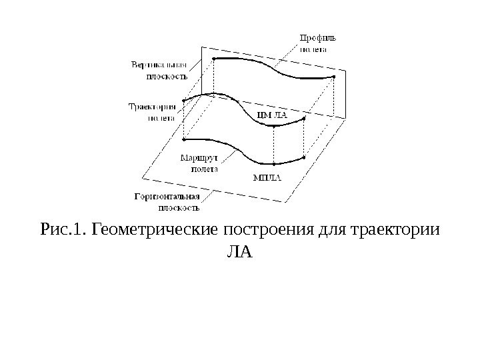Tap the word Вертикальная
tap(159, 65)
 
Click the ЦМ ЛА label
tap(271, 115)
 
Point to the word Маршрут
tap(199, 158)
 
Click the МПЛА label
tap(267, 178)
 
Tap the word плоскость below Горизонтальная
tap(177, 207)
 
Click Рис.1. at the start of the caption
tap(64, 231)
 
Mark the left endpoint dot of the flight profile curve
tap(213, 59)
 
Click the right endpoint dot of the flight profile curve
tap(333, 77)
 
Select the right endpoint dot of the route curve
tap(304, 158)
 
